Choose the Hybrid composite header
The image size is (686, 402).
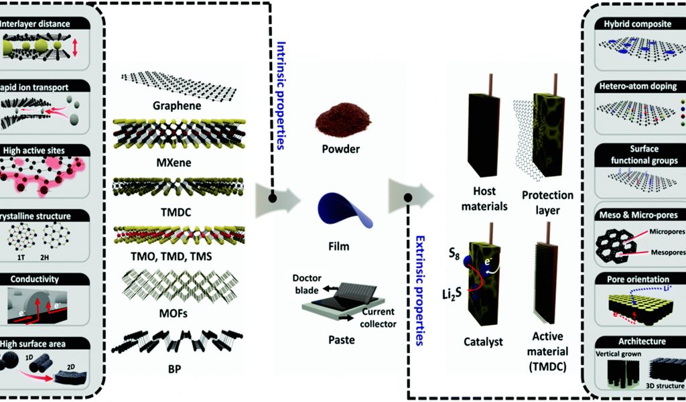click(635, 25)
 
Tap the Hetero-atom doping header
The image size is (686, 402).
click(635, 86)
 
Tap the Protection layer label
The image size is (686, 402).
click(547, 201)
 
